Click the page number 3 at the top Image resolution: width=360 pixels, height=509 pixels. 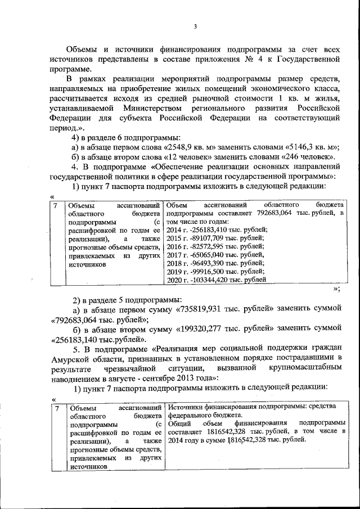[195, 26]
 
